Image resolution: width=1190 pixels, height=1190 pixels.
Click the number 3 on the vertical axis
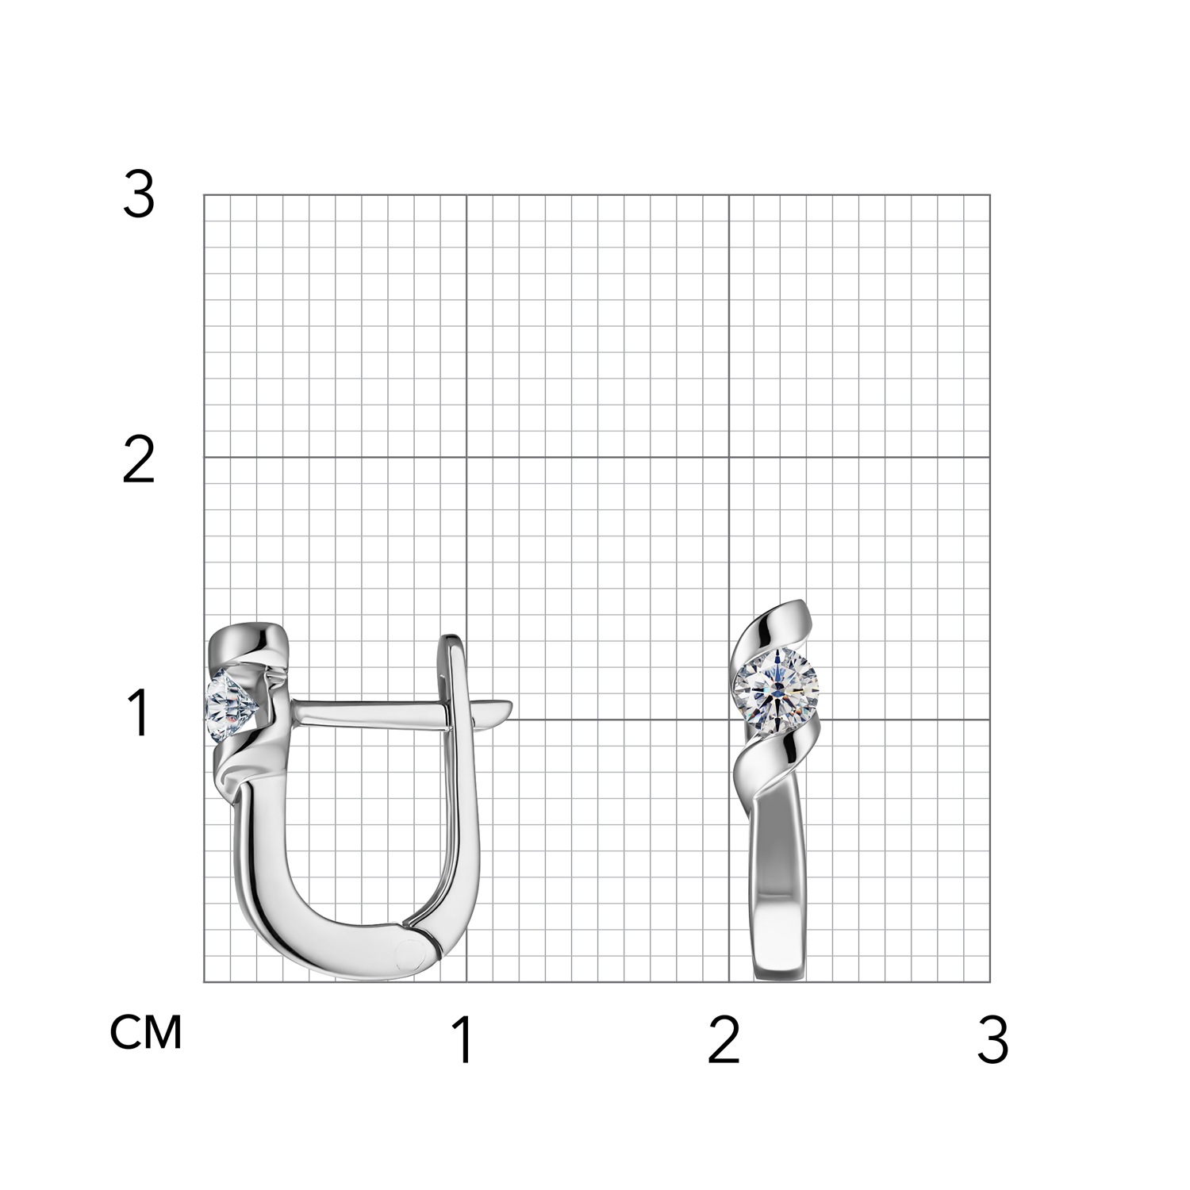[139, 196]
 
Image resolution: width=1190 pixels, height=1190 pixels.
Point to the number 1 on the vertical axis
[140, 713]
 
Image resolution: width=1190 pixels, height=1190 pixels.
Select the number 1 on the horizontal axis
[463, 1041]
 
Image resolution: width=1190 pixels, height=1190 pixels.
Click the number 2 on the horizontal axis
[724, 1041]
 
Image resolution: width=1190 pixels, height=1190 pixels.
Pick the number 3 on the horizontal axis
[992, 1041]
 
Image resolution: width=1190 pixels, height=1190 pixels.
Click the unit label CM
[146, 1032]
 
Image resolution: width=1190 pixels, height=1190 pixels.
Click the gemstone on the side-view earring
[230, 706]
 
